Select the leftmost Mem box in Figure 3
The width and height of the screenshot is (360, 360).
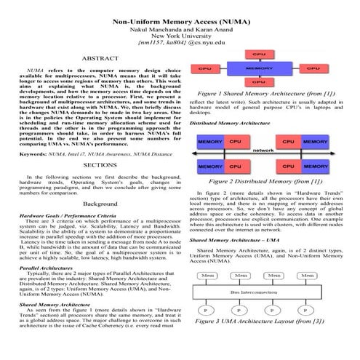[208, 276]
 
